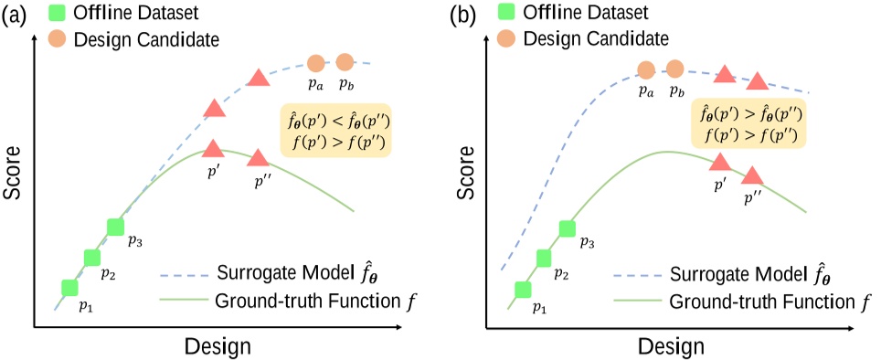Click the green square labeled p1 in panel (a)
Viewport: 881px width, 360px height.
click(69, 288)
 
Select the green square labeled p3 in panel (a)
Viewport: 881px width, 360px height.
click(115, 227)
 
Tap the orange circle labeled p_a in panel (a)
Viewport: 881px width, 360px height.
click(316, 63)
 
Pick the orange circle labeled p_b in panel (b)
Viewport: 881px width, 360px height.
click(675, 69)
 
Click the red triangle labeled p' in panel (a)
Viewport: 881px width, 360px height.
click(212, 148)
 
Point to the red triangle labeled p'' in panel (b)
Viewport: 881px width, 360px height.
click(752, 175)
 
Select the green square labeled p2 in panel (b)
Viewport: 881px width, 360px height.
click(545, 258)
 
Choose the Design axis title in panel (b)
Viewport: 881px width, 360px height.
click(673, 347)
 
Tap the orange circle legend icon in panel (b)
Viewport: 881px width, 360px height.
click(508, 40)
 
